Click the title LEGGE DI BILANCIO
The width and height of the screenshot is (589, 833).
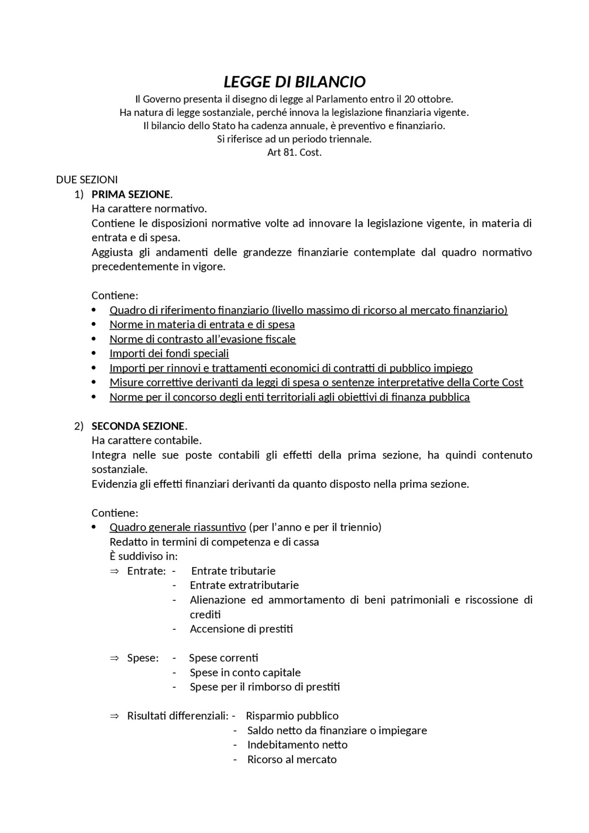pos(294,82)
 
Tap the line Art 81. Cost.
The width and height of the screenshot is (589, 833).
pos(294,152)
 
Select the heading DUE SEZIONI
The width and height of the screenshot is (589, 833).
pos(87,179)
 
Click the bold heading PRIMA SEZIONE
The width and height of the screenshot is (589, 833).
pos(131,194)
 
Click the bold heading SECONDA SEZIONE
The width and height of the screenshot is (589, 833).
pos(138,426)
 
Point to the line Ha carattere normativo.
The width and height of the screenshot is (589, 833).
pos(149,209)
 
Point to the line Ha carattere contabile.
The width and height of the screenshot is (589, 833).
pos(146,440)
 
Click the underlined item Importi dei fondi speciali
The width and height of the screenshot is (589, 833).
pos(169,353)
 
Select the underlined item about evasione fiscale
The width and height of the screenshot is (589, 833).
pos(202,339)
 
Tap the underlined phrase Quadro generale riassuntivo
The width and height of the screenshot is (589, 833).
pos(178,527)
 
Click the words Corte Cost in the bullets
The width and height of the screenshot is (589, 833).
pos(497,382)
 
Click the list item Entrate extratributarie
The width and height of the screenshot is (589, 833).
pos(244,585)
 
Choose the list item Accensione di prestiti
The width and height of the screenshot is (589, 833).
pos(241,629)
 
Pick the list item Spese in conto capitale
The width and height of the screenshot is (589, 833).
pos(245,672)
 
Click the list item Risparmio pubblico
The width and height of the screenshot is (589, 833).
pos(292,716)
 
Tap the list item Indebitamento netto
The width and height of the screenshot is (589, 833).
pos(297,745)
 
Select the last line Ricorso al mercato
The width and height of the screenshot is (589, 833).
pos(292,759)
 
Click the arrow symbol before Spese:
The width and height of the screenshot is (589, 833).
pos(114,658)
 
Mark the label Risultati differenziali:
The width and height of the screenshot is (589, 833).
pos(178,716)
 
